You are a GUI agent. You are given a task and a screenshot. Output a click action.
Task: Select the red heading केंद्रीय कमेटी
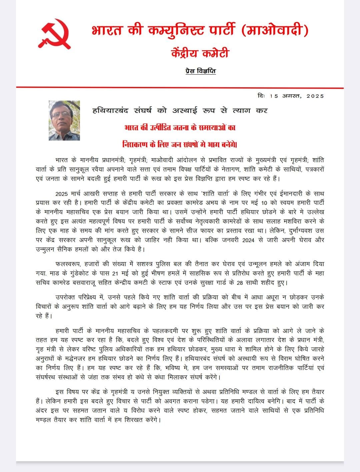tap(200, 53)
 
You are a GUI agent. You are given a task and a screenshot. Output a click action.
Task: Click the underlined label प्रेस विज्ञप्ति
tap(200, 71)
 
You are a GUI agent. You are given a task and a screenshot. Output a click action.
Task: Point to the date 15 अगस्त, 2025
tap(297, 96)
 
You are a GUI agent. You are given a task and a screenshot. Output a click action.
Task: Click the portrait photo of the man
tap(64, 120)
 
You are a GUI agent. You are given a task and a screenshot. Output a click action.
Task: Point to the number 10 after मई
tap(264, 203)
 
